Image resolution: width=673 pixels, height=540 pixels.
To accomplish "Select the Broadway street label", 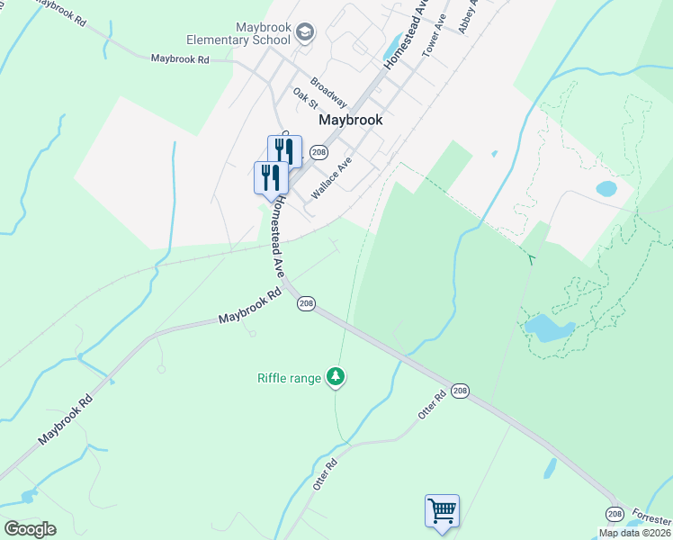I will click(x=328, y=93).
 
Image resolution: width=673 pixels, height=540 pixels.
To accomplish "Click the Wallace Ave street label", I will click(x=330, y=176).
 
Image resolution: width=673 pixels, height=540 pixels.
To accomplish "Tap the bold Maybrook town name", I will click(x=351, y=119).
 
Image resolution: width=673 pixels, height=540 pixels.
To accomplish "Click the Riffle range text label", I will click(x=289, y=378).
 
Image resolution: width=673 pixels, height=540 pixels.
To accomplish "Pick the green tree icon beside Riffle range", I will click(x=336, y=376).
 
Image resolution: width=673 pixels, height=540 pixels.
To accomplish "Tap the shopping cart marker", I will click(x=442, y=511).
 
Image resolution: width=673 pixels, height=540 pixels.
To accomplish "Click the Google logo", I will click(x=30, y=529).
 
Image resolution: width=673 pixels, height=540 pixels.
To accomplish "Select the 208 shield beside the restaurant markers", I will click(x=318, y=152).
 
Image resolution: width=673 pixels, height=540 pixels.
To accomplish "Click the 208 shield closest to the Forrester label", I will click(x=614, y=513).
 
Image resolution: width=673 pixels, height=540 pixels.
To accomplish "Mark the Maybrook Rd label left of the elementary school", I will click(x=180, y=58).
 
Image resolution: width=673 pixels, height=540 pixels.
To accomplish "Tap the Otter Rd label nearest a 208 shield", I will click(x=432, y=404).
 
